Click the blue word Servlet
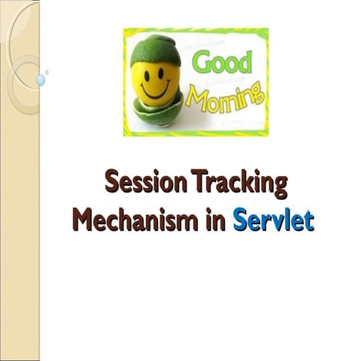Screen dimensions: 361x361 272,221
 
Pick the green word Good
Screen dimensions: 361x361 223,62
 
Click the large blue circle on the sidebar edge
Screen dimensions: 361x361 41,79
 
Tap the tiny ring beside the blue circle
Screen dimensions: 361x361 47,72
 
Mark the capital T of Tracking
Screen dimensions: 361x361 199,183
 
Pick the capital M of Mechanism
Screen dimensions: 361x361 82,221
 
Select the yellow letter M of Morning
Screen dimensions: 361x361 195,96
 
